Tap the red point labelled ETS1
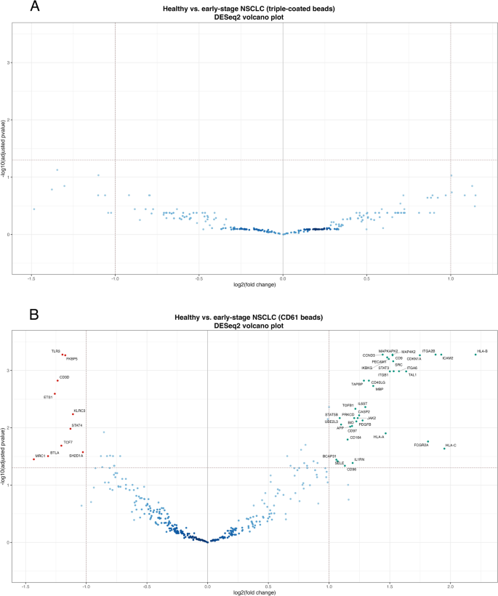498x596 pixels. click(55, 393)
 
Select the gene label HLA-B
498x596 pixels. click(482, 351)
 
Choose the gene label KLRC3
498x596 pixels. click(79, 411)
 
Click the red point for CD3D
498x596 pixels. click(57, 380)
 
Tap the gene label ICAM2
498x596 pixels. click(448, 358)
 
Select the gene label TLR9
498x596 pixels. click(55, 351)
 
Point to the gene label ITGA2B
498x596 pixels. click(428, 351)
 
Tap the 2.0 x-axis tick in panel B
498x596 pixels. click(450, 587)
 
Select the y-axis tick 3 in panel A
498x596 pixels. click(8, 63)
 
